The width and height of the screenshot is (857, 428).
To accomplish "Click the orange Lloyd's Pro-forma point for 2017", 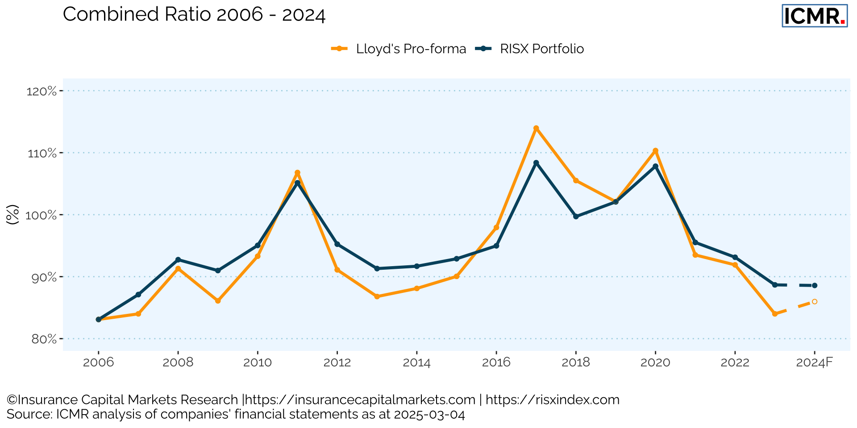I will point(536,128).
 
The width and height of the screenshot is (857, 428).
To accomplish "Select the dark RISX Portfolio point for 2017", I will point(536,163).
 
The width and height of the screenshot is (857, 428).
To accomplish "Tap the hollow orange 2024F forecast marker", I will point(815,302).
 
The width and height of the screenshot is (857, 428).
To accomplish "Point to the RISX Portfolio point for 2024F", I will point(815,285).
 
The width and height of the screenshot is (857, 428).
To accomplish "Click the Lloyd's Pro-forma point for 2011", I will point(297,173).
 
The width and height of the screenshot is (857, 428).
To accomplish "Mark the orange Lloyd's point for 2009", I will point(218,301).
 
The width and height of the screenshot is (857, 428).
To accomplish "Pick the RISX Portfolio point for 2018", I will point(576,217).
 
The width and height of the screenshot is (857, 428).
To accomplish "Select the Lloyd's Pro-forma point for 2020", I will point(655,151).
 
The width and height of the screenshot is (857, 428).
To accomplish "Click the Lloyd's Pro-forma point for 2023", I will point(775,314).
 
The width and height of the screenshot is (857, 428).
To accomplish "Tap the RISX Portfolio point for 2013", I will point(377,268).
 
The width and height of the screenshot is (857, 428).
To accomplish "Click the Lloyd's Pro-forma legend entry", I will point(399,49).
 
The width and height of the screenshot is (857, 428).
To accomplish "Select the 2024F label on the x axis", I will point(815,362).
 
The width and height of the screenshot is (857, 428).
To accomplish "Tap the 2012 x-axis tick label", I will point(337,362).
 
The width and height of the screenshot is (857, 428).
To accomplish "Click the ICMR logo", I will point(815,16).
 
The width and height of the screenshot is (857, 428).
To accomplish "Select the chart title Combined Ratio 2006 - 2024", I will point(194,14).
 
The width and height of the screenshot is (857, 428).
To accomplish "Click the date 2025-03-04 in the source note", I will point(429,414).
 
